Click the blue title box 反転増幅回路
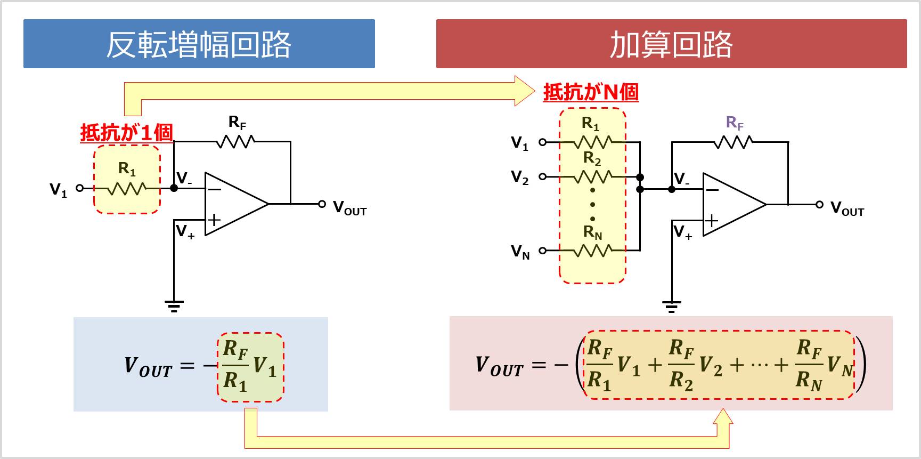tap(199, 44)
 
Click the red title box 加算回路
tap(671, 44)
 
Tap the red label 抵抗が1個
tap(126, 133)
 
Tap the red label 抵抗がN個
tap(591, 92)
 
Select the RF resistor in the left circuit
tap(236, 142)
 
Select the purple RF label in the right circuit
tap(735, 123)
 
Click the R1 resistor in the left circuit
tap(127, 188)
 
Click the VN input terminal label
tap(520, 251)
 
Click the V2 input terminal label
tap(520, 177)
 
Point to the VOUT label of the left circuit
tap(349, 208)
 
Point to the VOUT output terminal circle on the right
tap(819, 204)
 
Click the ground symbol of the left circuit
tap(174, 306)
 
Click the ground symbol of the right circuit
tap(671, 307)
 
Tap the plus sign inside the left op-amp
tap(214, 220)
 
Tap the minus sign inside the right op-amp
tap(712, 190)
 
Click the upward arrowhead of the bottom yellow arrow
tap(723, 416)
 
